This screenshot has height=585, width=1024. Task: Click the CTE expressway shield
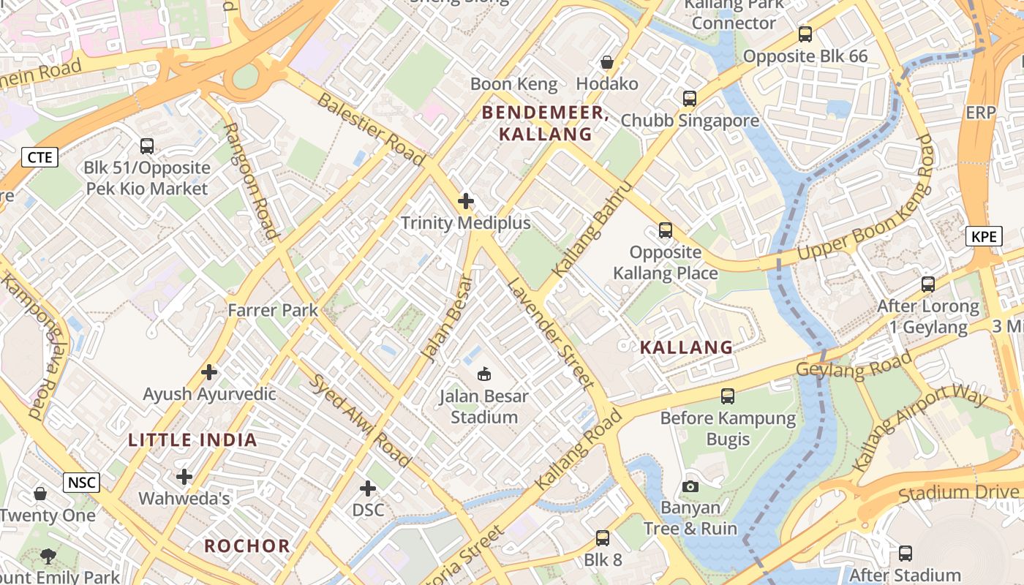(x=39, y=157)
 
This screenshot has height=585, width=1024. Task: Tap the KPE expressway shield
(x=984, y=236)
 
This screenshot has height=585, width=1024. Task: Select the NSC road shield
(x=81, y=483)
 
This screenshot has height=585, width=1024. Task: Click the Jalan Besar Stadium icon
(x=483, y=375)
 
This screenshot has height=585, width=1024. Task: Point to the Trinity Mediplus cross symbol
(x=466, y=201)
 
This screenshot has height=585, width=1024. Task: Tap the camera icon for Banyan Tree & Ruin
(x=690, y=486)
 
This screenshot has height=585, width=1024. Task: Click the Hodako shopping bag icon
(x=606, y=62)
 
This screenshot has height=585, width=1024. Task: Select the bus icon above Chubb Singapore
(x=689, y=99)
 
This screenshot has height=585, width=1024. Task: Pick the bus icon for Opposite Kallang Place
(x=665, y=230)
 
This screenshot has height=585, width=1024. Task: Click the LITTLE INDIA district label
(x=192, y=440)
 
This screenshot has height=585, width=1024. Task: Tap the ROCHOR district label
(x=246, y=546)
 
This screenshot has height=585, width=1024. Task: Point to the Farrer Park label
(x=273, y=310)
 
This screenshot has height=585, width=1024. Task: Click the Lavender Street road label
(x=550, y=333)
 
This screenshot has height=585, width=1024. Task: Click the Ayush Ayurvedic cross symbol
(x=209, y=372)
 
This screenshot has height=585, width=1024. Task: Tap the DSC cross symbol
(x=368, y=488)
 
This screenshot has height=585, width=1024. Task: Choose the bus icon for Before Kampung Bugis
(x=728, y=396)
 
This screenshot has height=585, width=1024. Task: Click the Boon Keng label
(x=513, y=84)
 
